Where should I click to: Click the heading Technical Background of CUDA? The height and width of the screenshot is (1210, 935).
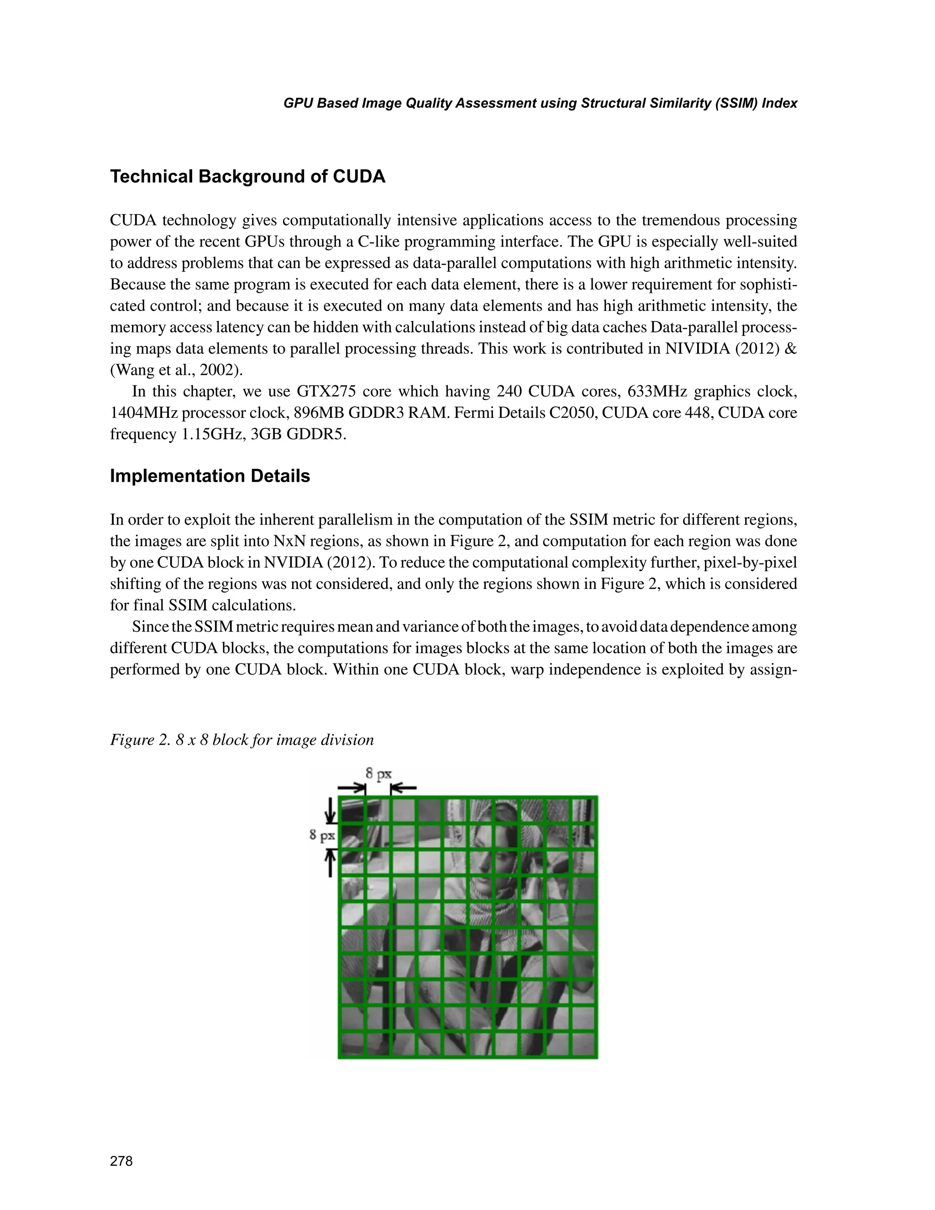247,176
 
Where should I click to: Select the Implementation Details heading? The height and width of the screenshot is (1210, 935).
210,476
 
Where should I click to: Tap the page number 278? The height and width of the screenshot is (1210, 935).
121,1161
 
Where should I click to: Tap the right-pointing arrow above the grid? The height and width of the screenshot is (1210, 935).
352,787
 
